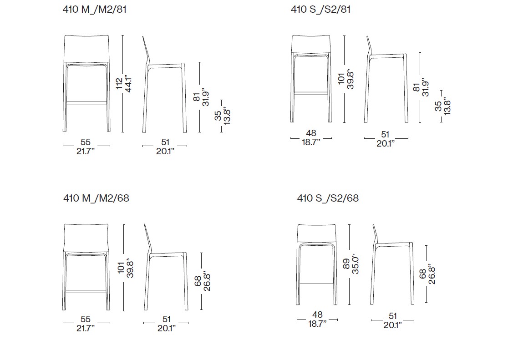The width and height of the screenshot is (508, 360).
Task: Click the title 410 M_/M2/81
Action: click(x=94, y=9)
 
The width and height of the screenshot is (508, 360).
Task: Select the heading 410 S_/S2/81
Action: click(x=320, y=9)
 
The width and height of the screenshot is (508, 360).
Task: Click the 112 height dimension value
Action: click(x=119, y=83)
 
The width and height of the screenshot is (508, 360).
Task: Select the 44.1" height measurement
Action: click(x=128, y=83)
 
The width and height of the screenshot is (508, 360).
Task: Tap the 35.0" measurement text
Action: click(x=356, y=264)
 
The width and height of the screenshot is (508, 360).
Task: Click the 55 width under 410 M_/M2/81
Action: click(x=86, y=142)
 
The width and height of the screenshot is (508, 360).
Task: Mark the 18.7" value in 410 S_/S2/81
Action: click(x=311, y=142)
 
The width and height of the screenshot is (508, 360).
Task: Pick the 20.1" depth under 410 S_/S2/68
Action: click(x=392, y=325)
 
